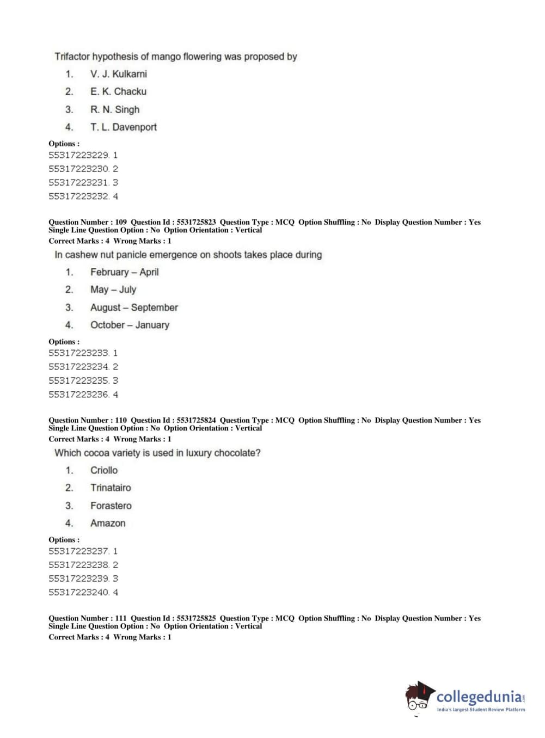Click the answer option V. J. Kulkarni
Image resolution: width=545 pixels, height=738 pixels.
[118, 74]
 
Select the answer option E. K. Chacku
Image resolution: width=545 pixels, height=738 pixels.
[118, 91]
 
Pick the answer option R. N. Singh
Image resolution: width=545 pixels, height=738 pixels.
[114, 109]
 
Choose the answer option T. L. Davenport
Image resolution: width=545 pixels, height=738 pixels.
[123, 127]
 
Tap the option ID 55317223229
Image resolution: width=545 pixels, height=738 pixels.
[79, 155]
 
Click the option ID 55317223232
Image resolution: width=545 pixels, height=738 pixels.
[79, 196]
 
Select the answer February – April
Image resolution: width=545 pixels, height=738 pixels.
[124, 272]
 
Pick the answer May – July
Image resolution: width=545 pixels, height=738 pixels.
[113, 290]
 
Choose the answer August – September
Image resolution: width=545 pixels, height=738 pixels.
[134, 307]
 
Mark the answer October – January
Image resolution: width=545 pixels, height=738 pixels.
[130, 325]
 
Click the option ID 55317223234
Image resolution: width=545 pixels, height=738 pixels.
[79, 367]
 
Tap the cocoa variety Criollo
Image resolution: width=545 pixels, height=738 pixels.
[103, 470]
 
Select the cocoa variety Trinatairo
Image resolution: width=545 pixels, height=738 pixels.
[111, 488]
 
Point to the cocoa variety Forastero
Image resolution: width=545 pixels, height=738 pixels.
[111, 506]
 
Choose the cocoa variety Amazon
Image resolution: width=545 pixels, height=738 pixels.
[108, 523]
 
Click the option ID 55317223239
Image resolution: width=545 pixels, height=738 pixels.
[79, 579]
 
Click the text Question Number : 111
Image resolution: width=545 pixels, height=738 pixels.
[87, 618]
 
